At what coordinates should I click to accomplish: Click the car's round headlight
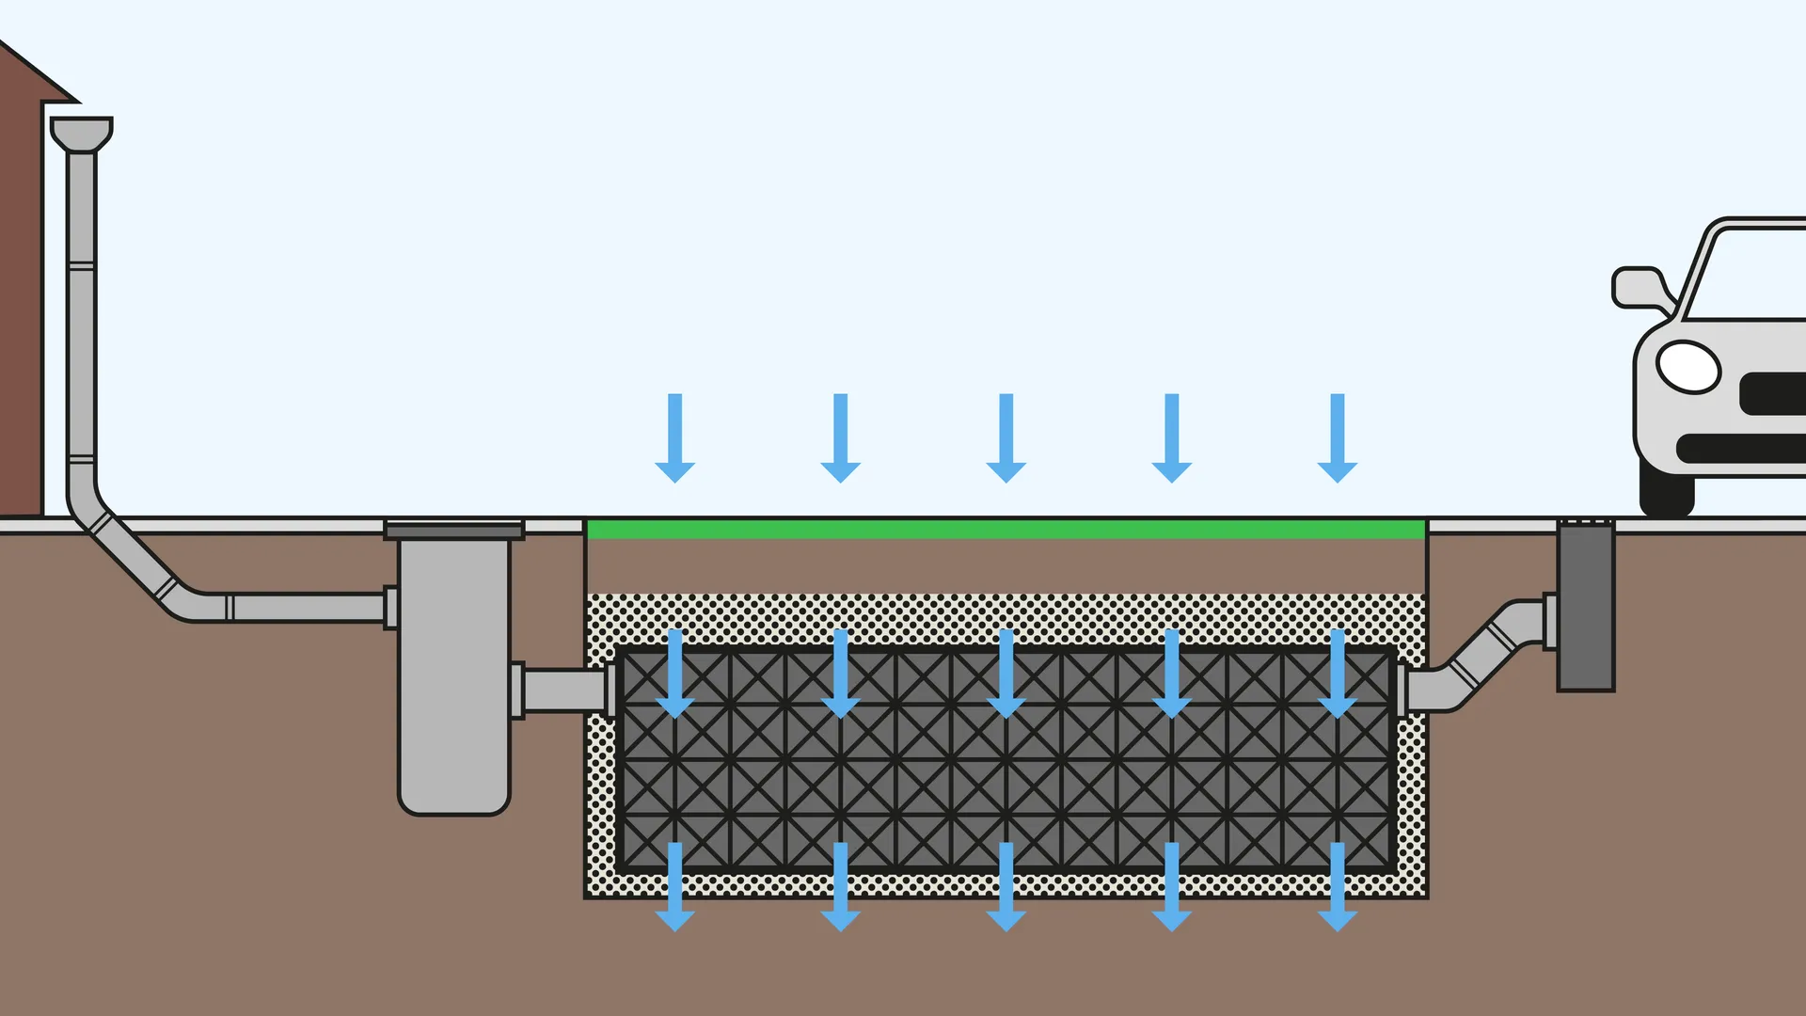[1687, 367]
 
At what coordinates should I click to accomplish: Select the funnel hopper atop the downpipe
[82, 133]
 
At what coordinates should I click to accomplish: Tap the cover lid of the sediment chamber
[453, 530]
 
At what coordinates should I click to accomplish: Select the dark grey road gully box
[1586, 607]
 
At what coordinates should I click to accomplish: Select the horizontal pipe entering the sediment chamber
[301, 607]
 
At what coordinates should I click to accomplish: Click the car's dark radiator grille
[1773, 393]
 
